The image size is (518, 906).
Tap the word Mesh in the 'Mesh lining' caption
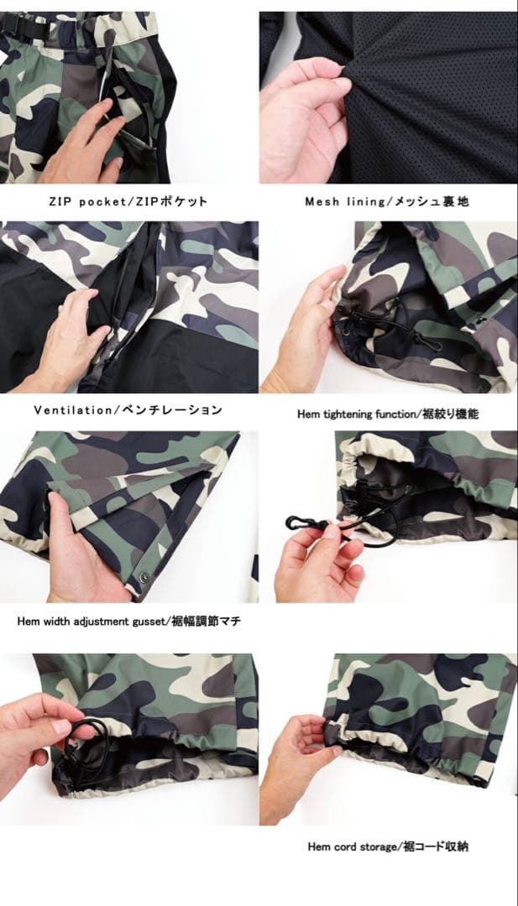point(322,202)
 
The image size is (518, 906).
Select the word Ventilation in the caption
point(72,410)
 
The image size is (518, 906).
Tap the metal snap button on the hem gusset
point(143,578)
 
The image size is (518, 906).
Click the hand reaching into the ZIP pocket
point(84,147)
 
